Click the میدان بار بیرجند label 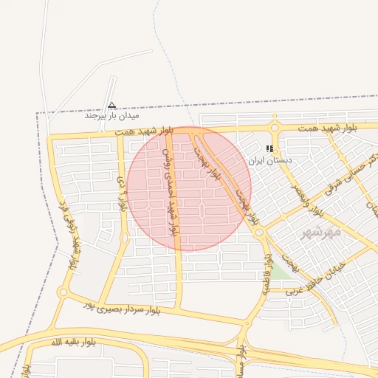pos(111,116)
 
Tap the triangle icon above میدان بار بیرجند pos(111,106)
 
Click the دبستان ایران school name pos(269,159)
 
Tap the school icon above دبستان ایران pos(269,149)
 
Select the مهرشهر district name pos(321,232)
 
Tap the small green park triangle pos(278,274)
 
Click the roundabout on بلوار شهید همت pos(274,128)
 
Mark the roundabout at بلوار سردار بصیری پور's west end pos(62,292)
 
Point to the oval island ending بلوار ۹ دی pos(124,238)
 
